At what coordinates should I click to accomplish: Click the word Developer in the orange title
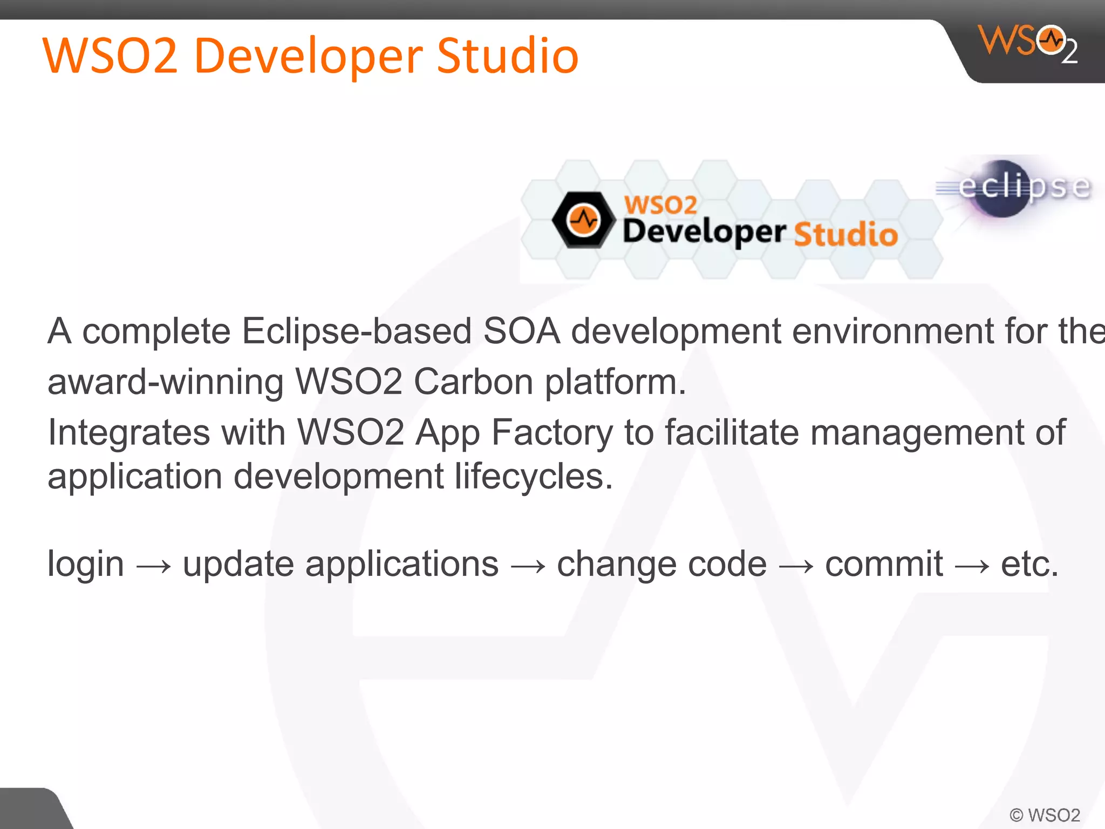[308, 56]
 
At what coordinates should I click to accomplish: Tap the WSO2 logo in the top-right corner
[1028, 43]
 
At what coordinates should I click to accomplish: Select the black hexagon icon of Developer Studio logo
[583, 220]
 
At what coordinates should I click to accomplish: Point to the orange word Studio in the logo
[845, 235]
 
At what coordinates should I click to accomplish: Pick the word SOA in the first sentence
[521, 331]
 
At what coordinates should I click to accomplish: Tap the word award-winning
[165, 382]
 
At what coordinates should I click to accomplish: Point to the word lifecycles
[533, 477]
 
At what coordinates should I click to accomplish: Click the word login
[86, 565]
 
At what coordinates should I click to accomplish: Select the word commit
[884, 565]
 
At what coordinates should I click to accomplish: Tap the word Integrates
[129, 433]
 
